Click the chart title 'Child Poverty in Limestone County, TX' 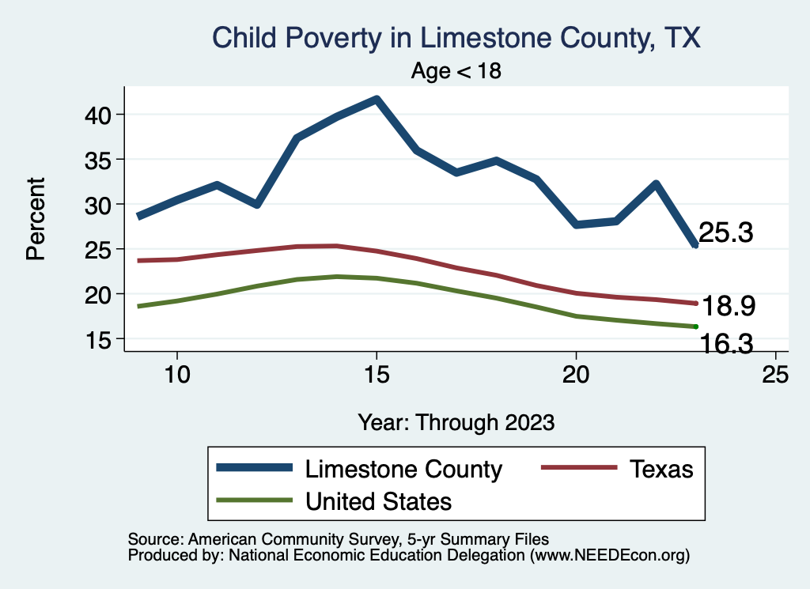(x=456, y=37)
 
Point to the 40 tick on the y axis (x=99, y=115)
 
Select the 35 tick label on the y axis (x=99, y=160)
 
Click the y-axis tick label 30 (x=99, y=205)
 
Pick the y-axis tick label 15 (x=99, y=339)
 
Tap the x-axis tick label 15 (x=377, y=374)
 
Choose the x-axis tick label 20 (x=576, y=374)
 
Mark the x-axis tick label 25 (x=775, y=374)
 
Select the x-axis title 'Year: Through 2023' (x=456, y=421)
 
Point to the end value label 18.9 (x=725, y=306)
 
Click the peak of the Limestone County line (x=377, y=100)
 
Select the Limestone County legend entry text (x=403, y=469)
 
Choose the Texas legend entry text (x=661, y=469)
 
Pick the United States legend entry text (x=378, y=501)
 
